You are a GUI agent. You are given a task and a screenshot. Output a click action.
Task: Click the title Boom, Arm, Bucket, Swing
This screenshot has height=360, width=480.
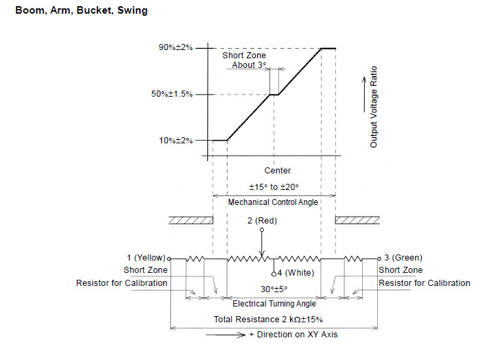point(82,10)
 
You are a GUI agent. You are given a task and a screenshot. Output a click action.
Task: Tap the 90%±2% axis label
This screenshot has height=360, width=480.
point(176,47)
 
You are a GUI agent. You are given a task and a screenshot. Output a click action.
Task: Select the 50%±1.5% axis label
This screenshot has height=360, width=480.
point(172,94)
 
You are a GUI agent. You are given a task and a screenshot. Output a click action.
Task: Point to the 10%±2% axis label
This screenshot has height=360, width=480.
point(176,141)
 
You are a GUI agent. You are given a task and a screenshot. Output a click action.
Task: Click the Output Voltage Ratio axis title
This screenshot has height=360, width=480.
point(374,107)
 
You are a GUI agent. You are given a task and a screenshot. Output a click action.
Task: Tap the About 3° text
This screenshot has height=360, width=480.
point(249,65)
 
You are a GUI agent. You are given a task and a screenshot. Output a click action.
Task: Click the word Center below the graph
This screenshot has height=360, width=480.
point(278,171)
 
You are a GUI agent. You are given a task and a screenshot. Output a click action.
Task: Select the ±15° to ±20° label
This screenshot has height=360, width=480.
point(274,187)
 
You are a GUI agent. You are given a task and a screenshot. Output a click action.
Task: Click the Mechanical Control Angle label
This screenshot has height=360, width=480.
point(273,202)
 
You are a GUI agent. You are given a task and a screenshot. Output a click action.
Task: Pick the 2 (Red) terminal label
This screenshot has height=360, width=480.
point(262,221)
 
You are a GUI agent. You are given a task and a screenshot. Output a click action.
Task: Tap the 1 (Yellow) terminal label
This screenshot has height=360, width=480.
point(146,258)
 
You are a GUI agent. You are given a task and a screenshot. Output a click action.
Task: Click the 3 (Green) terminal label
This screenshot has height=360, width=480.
point(403,258)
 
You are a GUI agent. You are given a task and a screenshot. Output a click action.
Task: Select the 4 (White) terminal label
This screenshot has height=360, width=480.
point(296,273)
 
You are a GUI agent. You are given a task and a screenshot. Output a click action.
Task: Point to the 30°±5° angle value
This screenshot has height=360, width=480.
point(274,289)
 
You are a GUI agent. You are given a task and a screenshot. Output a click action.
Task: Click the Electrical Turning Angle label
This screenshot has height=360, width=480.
point(274,304)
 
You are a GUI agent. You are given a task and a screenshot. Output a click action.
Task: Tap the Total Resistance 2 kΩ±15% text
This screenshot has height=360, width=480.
point(268,320)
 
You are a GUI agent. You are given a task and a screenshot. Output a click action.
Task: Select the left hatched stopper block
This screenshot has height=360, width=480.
point(191,220)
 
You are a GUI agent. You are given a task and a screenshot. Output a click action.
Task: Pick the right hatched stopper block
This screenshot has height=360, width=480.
point(357,220)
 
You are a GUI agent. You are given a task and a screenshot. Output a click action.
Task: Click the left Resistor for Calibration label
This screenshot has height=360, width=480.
point(121,283)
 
